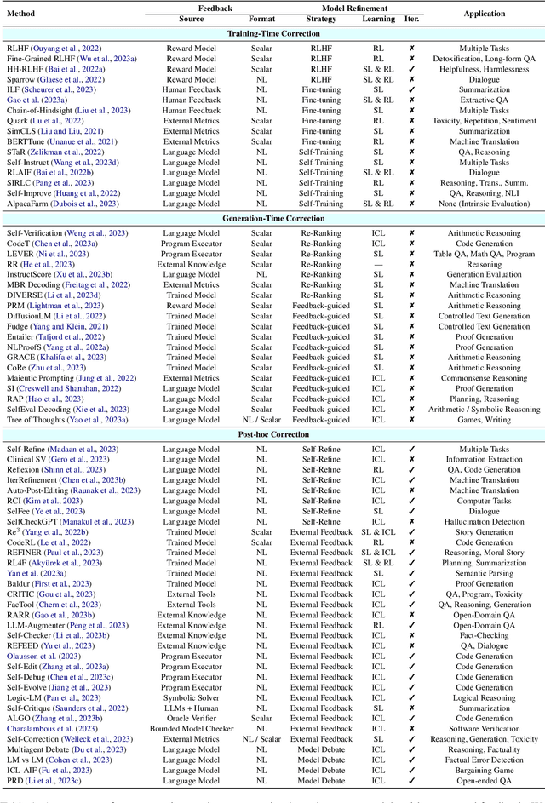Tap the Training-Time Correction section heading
(272, 33)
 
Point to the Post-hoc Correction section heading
(272, 434)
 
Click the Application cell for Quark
(495, 121)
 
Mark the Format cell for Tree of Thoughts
(261, 420)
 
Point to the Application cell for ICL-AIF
(495, 769)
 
